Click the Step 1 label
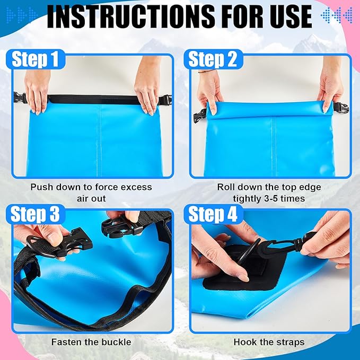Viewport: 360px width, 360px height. coord(35,59)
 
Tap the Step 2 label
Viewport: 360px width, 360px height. coord(213,59)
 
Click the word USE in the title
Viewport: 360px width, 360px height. coord(289,17)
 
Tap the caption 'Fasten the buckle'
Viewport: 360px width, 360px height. coord(91,342)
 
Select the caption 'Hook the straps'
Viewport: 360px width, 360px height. coord(269,342)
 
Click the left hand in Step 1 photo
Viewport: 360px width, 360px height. coord(38,90)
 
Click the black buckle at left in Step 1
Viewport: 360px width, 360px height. coord(20,99)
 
